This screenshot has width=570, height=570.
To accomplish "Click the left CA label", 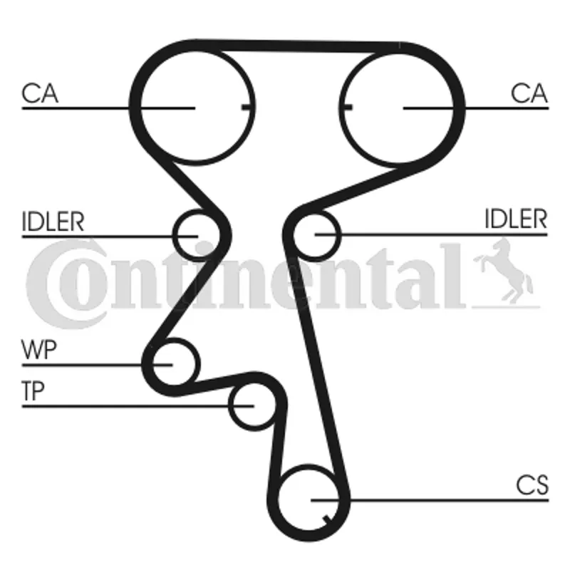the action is pos(40,93).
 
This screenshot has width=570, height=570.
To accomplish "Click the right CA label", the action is pos(529,93).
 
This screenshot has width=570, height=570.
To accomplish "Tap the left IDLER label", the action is pos(53,222).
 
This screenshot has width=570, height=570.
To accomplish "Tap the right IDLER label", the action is pos(516,219).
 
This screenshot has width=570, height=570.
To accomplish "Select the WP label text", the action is pos(39,349).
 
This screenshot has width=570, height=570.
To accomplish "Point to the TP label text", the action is pos(33,390).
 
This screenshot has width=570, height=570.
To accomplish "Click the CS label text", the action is pos(532,485).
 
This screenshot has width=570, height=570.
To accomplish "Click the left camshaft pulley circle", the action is pos(197,107).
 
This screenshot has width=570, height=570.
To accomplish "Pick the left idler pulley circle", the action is pos(197,236).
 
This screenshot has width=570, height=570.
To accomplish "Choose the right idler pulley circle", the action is pos(316,236).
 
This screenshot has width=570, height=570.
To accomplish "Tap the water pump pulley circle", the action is pos(175,363).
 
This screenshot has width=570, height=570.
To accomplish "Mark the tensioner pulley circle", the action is pos(254,405).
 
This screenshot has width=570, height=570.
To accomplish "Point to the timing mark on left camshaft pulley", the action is pos(247,108).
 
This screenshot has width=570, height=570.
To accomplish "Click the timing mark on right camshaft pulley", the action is pos(347,108).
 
